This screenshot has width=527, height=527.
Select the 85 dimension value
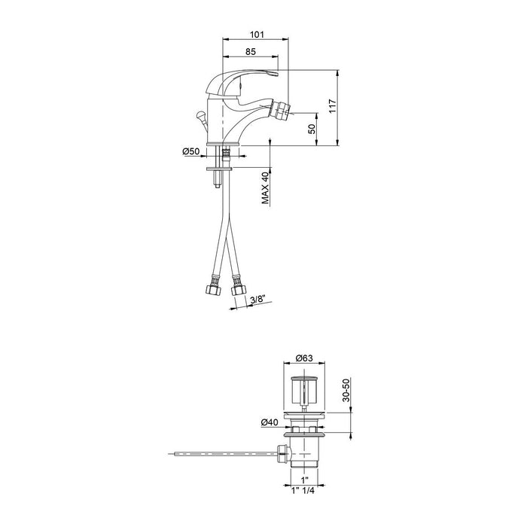click(251, 52)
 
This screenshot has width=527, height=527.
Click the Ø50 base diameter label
click(191, 152)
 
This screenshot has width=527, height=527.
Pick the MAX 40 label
click(265, 187)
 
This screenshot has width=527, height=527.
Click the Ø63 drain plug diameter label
click(306, 358)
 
